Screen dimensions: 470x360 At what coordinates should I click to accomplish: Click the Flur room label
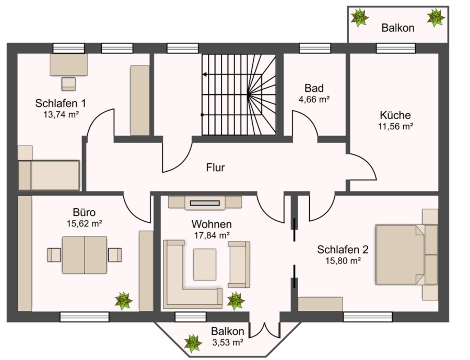(215, 167)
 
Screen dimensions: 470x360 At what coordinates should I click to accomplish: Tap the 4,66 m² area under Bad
(314, 99)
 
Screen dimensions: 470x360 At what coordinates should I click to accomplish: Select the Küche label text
(395, 115)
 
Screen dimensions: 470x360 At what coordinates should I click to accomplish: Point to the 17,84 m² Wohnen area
(212, 235)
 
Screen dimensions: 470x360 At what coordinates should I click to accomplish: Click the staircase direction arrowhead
(204, 74)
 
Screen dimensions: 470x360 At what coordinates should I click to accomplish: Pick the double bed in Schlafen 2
(407, 255)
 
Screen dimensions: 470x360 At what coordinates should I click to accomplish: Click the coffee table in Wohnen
(205, 265)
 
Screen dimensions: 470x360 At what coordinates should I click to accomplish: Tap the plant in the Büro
(123, 301)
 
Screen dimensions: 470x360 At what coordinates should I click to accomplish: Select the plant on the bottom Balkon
(193, 343)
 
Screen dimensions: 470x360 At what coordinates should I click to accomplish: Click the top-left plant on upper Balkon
(360, 17)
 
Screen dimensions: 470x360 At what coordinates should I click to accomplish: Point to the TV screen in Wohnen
(205, 203)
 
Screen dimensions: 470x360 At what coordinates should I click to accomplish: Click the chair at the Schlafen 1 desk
(68, 84)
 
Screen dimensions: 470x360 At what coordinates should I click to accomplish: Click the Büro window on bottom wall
(84, 317)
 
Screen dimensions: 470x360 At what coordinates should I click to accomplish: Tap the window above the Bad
(315, 48)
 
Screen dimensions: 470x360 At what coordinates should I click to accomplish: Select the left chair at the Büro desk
(54, 255)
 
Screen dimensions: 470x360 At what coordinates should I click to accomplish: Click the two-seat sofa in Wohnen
(239, 265)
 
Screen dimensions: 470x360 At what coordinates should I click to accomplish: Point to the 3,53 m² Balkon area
(228, 342)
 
